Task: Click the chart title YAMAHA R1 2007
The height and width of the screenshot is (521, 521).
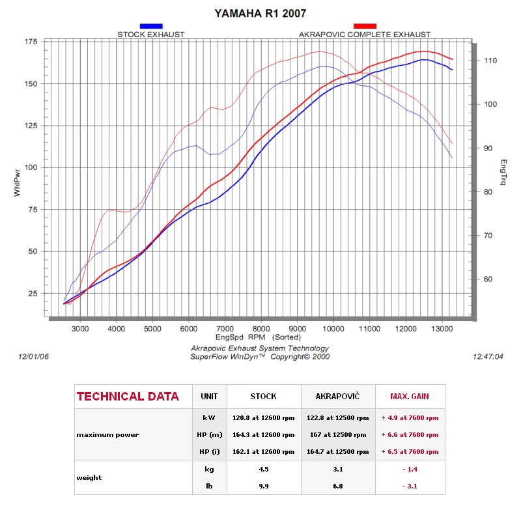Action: [x=260, y=13]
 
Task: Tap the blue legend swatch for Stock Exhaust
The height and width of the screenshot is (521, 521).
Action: [x=151, y=26]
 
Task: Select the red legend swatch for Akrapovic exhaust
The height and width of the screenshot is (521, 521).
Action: [x=365, y=26]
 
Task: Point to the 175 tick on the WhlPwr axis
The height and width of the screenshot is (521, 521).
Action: [x=31, y=42]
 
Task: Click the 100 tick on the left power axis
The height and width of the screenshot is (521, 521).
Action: [x=31, y=167]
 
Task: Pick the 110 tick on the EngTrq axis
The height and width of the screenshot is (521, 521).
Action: [x=490, y=61]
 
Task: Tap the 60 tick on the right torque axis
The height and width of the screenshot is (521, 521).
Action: [x=488, y=279]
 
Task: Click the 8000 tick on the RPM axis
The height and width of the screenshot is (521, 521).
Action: [x=261, y=329]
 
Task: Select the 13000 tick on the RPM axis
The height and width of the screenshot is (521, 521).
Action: [x=442, y=329]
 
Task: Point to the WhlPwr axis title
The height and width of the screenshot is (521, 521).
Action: [x=17, y=183]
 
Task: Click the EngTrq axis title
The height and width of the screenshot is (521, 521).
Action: [x=503, y=172]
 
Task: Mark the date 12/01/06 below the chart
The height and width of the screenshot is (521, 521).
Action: [x=33, y=356]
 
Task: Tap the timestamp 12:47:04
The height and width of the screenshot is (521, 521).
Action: [x=488, y=356]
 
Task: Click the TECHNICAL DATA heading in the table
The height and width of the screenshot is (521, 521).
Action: [x=128, y=397]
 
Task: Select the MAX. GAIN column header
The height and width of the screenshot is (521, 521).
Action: [x=410, y=397]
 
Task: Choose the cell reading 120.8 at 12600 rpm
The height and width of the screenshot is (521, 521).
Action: [x=264, y=418]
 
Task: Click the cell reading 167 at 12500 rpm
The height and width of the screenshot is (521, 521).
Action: [x=338, y=435]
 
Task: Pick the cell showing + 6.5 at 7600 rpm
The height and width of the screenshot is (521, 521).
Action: [x=410, y=452]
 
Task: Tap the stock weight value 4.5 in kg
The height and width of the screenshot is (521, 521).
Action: [x=264, y=469]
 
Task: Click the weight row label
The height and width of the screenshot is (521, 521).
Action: [x=89, y=478]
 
